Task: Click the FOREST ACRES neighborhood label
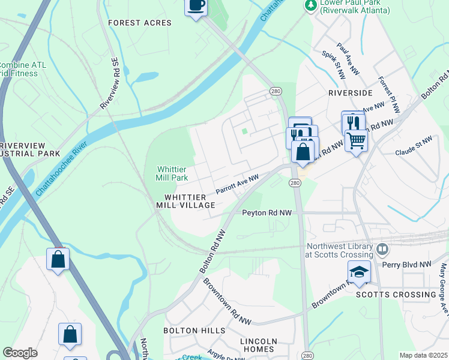139,23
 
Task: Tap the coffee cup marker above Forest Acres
196,7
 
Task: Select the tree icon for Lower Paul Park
310,5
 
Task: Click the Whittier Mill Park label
172,173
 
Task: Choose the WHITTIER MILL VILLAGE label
190,201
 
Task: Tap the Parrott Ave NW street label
237,184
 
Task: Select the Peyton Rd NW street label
267,213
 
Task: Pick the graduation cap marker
358,272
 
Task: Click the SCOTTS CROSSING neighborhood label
396,295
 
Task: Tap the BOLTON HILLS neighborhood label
194,331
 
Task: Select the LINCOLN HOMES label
258,345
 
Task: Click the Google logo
20,353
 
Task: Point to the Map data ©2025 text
423,355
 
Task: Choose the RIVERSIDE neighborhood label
350,93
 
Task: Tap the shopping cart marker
356,141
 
